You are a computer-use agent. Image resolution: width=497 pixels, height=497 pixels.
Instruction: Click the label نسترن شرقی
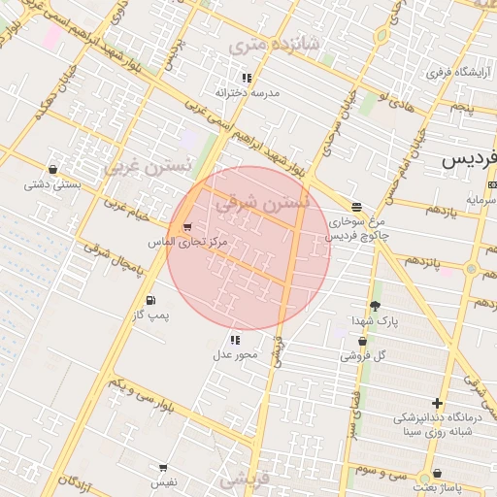[261, 203]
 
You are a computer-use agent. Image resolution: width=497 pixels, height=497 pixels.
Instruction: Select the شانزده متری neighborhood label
[260, 46]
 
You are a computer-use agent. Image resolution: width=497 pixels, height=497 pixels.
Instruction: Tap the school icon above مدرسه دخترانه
[247, 78]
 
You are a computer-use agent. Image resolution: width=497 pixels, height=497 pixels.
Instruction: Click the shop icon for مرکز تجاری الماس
[186, 226]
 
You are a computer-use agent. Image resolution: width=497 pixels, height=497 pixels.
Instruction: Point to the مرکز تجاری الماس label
[187, 241]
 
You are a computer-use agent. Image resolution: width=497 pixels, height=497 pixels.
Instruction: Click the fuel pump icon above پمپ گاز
[150, 300]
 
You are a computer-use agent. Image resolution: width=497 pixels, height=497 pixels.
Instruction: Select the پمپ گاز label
[150, 315]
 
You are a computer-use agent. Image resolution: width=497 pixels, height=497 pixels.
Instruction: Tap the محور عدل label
[235, 355]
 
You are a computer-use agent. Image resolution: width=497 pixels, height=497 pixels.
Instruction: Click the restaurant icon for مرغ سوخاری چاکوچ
[357, 207]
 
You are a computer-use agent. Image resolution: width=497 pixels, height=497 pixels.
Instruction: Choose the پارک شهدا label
[376, 319]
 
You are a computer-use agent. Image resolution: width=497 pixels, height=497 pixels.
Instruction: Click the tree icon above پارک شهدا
[376, 305]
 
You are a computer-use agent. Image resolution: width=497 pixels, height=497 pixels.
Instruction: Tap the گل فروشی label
[363, 356]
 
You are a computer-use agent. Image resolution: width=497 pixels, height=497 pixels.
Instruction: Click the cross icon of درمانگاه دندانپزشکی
[437, 403]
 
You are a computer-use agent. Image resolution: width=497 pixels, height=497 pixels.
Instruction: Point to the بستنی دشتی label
[51, 183]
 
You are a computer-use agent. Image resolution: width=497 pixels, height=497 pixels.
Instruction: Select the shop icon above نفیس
[162, 467]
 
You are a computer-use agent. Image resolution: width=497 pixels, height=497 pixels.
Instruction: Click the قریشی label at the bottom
[243, 479]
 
